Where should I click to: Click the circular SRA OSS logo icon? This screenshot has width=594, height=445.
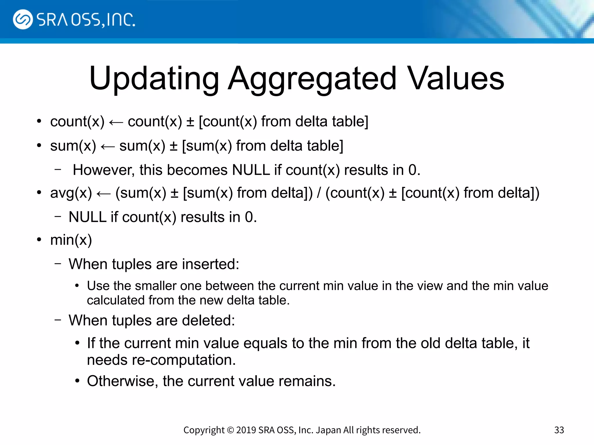coord(23,19)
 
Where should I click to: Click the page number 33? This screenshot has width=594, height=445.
coord(559,430)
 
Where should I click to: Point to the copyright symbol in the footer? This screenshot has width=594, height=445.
coord(230,430)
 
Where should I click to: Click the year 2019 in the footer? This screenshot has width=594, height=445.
coord(246,430)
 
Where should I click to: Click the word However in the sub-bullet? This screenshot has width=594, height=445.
coord(104,170)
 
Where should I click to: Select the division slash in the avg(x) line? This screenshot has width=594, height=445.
coord(319,193)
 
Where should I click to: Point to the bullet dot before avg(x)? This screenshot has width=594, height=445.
coord(39,193)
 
